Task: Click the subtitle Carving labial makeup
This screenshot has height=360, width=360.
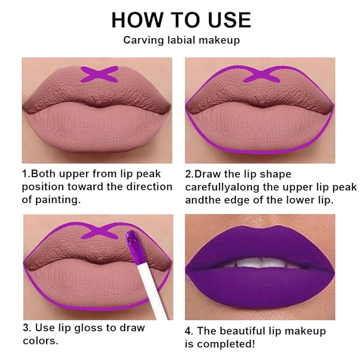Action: click(x=180, y=40)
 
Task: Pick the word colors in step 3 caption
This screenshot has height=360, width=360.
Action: click(x=40, y=341)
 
